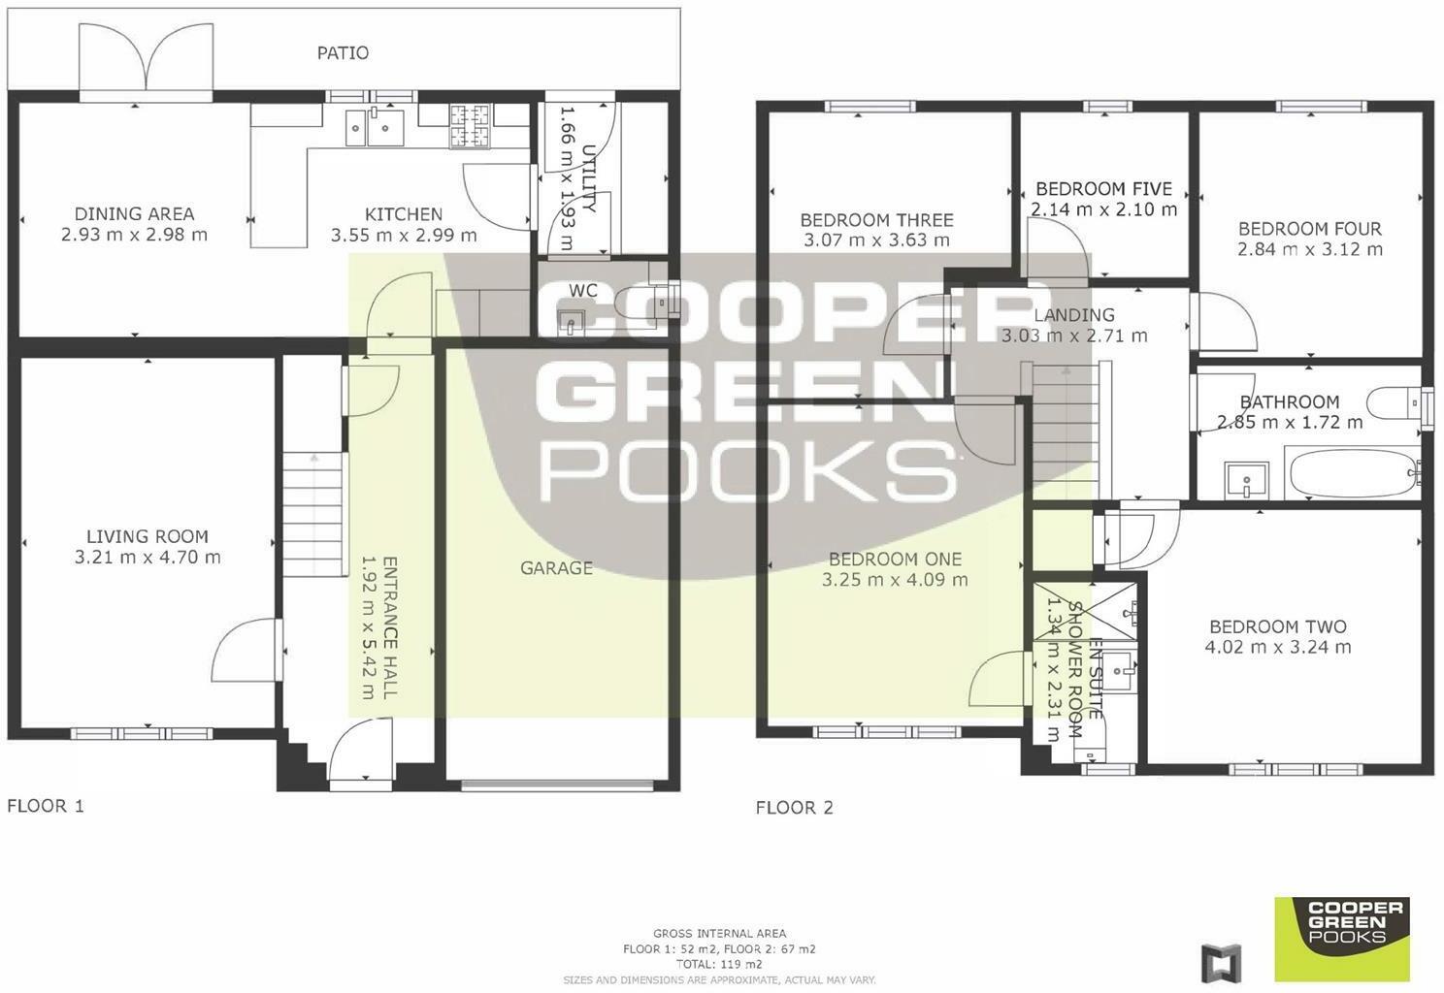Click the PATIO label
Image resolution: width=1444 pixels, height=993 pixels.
pyautogui.click(x=343, y=52)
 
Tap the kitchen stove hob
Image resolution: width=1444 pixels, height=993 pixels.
pyautogui.click(x=470, y=125)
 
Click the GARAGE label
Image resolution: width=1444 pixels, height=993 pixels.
pyautogui.click(x=556, y=568)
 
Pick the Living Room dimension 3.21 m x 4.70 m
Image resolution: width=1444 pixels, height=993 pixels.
pyautogui.click(x=148, y=557)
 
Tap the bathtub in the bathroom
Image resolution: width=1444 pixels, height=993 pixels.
pyautogui.click(x=1353, y=474)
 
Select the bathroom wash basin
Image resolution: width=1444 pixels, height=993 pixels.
pyautogui.click(x=1245, y=479)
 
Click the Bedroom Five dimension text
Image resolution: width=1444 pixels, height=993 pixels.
pyautogui.click(x=1103, y=209)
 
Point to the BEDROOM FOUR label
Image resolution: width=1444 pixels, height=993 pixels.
pyautogui.click(x=1310, y=229)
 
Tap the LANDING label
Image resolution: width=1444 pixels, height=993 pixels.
pyautogui.click(x=1074, y=315)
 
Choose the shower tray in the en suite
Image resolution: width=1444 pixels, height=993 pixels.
pyautogui.click(x=1086, y=611)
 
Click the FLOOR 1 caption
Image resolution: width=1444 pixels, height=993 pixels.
pyautogui.click(x=46, y=806)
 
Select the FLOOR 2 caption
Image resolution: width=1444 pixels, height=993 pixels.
pyautogui.click(x=794, y=808)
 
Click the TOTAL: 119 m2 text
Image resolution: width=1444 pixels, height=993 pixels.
pyautogui.click(x=719, y=964)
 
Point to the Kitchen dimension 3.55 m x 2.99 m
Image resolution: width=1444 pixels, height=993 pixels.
pyautogui.click(x=405, y=235)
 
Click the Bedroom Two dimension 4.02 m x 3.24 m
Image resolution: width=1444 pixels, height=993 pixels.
pyautogui.click(x=1278, y=647)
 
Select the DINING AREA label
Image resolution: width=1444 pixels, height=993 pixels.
pyautogui.click(x=134, y=213)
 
